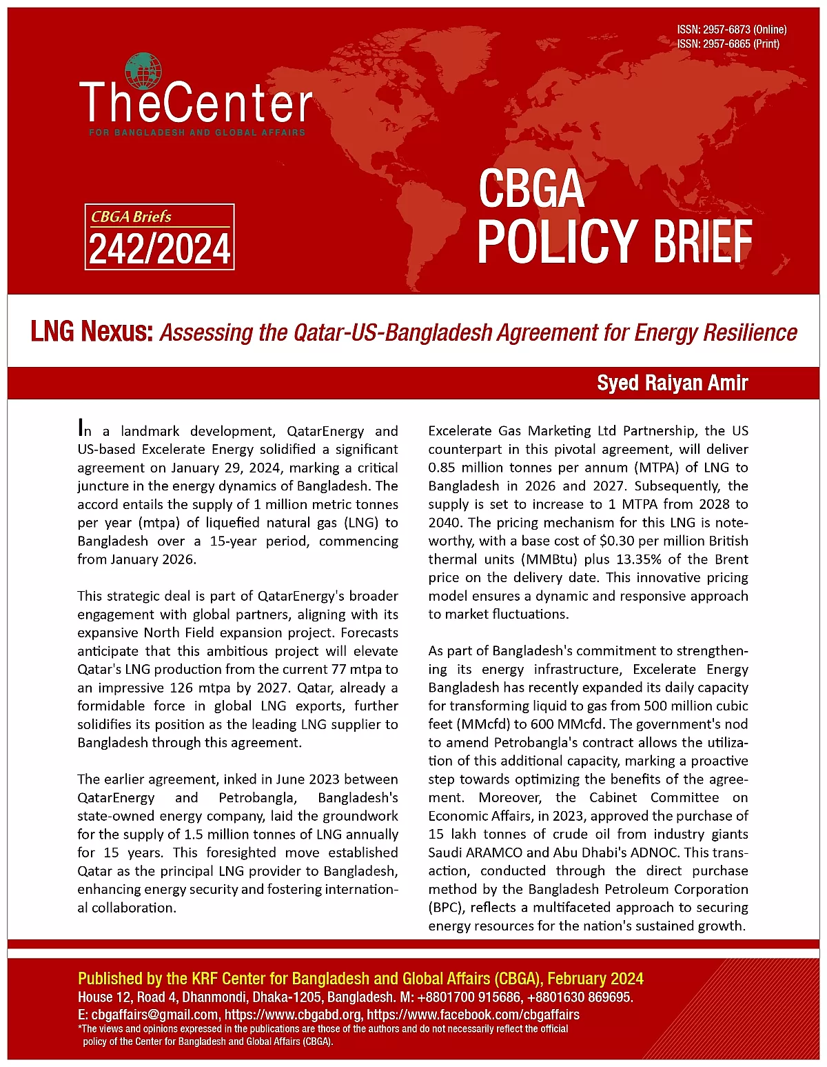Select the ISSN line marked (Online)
point(731,30)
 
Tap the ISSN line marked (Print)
point(728,44)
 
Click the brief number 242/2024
point(160,249)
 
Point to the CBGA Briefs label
point(132,217)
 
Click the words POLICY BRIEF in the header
point(614,241)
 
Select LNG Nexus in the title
point(90,332)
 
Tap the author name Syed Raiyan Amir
point(672,383)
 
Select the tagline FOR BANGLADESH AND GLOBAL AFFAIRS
point(197,132)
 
